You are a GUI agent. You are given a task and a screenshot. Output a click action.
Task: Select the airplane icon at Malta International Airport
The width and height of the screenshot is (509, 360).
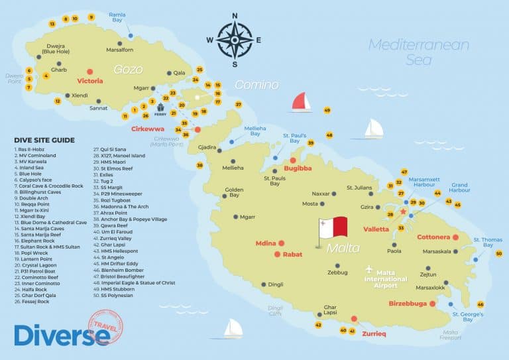point(368,269)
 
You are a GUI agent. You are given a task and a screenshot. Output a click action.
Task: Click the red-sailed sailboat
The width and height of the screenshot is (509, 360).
point(301,101)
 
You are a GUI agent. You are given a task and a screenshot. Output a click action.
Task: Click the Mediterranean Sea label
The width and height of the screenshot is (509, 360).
point(419,52)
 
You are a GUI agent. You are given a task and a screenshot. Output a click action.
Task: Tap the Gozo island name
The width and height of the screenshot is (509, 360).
point(128,69)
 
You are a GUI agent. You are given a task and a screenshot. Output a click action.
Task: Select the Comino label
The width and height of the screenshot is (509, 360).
point(256,85)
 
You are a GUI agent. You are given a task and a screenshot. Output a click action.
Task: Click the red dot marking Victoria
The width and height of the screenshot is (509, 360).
point(89,72)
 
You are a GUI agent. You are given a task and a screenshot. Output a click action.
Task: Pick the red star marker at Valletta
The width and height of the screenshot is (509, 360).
point(403,211)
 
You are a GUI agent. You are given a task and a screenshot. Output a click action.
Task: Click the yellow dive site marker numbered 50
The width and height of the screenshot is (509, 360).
point(499,253)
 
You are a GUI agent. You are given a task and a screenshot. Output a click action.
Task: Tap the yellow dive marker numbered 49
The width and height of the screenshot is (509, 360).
point(327,110)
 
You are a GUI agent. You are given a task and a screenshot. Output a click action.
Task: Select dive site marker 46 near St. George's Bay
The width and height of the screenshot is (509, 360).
point(481,304)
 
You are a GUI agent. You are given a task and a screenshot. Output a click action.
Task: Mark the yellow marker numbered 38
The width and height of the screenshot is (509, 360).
point(199,165)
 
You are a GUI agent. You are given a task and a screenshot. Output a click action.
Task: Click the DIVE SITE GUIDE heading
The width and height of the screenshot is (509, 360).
point(44,140)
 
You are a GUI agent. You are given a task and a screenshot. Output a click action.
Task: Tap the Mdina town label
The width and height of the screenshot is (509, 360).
point(266,243)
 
